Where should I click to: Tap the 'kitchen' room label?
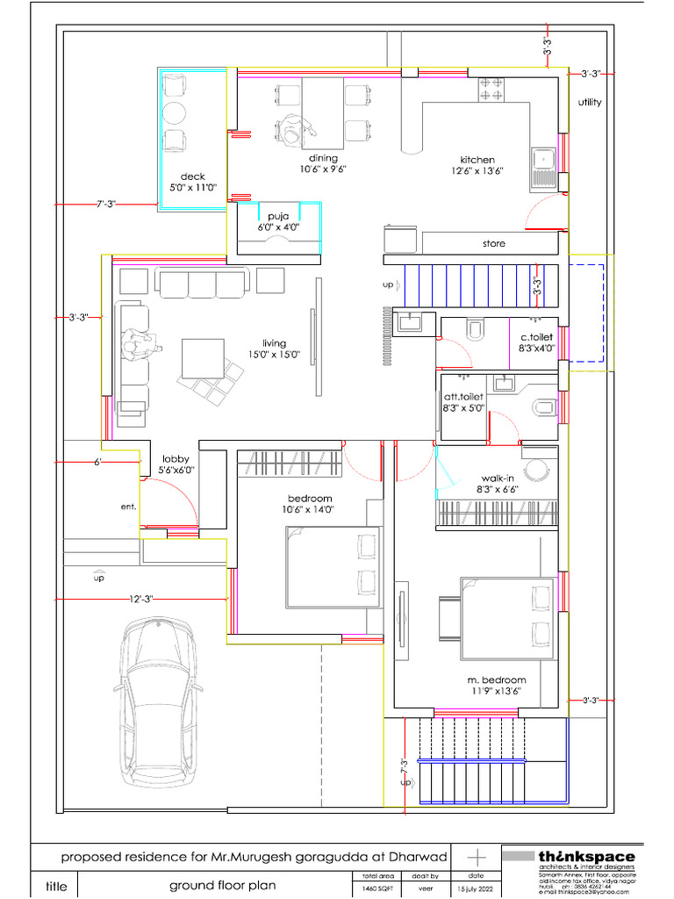coord(477,160)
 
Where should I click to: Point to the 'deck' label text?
coord(192,176)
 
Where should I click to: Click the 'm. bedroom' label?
coord(498,680)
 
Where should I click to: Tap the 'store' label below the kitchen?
coord(494,243)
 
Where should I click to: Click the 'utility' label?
coord(590,103)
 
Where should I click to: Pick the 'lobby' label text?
coord(176,458)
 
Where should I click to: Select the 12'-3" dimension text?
coord(140,599)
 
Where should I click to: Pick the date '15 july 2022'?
coord(477,889)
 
